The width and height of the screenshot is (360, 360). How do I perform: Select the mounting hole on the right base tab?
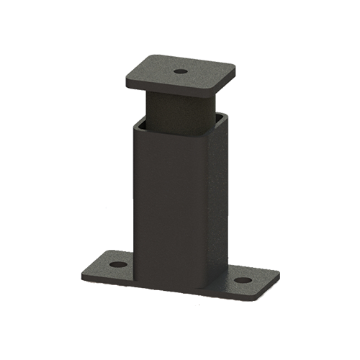tap(243, 279)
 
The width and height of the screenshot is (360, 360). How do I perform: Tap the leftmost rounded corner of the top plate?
tap(127, 81)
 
